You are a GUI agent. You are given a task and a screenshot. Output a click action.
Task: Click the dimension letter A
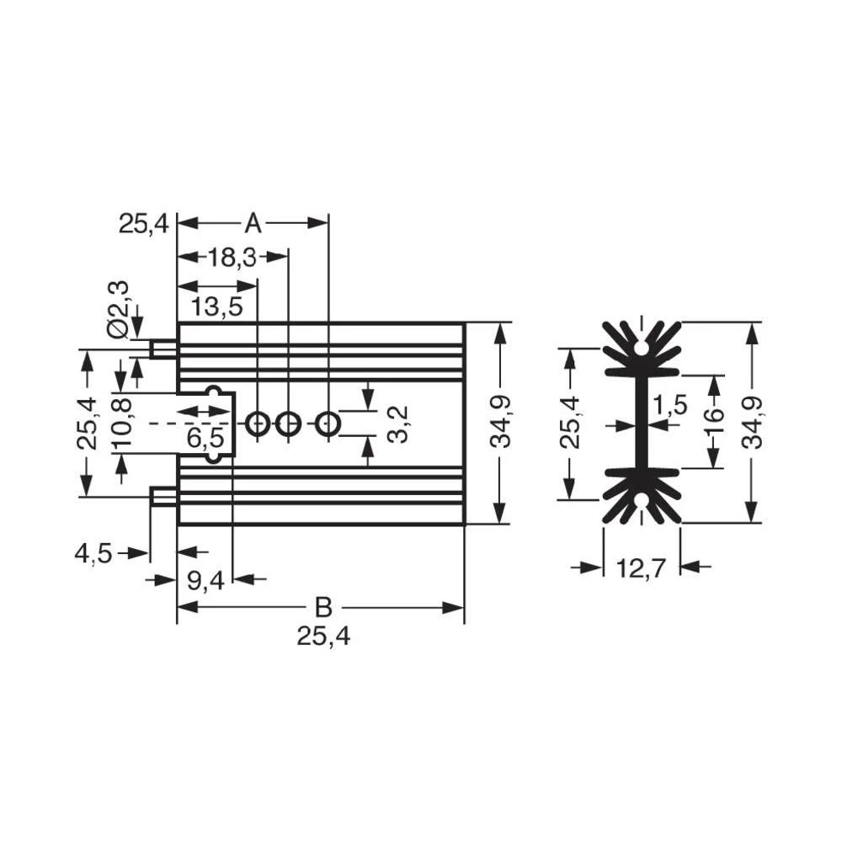point(253,224)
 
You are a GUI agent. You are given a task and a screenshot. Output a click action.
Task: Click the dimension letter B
point(322,607)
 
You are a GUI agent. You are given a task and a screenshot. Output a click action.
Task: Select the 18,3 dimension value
point(232,258)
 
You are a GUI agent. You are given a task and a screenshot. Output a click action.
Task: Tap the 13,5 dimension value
point(216,306)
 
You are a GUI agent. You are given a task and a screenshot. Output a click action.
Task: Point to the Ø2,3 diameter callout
point(119,309)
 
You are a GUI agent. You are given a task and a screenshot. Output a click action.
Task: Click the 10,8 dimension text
point(121,424)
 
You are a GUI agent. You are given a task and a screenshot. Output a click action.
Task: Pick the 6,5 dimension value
point(205,437)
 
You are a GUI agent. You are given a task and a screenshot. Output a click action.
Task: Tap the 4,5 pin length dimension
point(93,553)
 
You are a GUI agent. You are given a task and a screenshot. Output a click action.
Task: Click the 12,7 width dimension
point(642,568)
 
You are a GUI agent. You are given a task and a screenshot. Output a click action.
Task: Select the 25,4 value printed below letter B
point(322,637)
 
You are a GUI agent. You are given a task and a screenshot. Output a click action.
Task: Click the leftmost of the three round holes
point(258,424)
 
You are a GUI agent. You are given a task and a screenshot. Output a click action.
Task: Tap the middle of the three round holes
point(288,424)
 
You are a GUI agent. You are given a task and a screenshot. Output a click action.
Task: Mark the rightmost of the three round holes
point(328,424)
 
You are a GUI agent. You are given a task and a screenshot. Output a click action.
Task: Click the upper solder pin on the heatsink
point(163,349)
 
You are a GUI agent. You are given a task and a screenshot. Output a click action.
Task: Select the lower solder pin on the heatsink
point(163,497)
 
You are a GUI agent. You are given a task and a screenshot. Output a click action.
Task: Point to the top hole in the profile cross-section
point(642,347)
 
